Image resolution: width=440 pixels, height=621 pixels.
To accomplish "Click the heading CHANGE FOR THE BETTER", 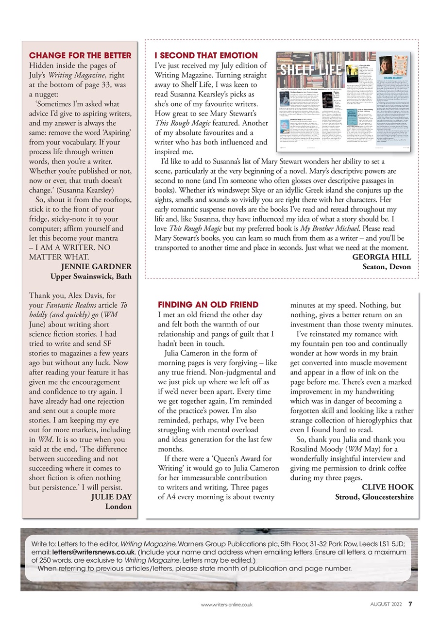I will click(81, 55).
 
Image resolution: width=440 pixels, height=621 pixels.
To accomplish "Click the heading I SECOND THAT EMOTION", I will click(206, 55).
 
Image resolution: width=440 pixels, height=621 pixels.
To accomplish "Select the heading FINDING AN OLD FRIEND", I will click(208, 305).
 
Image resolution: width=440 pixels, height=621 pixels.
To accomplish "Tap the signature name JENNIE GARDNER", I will click(96, 266).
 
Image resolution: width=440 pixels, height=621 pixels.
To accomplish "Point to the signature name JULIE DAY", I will click(111, 496).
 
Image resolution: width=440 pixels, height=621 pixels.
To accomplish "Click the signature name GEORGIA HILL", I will click(382, 257).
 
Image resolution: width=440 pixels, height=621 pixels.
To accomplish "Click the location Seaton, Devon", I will click(387, 267).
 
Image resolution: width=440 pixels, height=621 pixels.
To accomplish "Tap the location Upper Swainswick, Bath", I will click(91, 277).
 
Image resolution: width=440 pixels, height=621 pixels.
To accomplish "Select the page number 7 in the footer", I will click(410, 604).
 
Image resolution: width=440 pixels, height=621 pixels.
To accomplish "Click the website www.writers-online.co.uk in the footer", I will click(227, 605).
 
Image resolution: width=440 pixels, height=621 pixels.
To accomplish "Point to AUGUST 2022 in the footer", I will click(387, 605).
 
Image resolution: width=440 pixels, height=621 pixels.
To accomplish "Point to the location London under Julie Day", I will click(118, 507).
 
